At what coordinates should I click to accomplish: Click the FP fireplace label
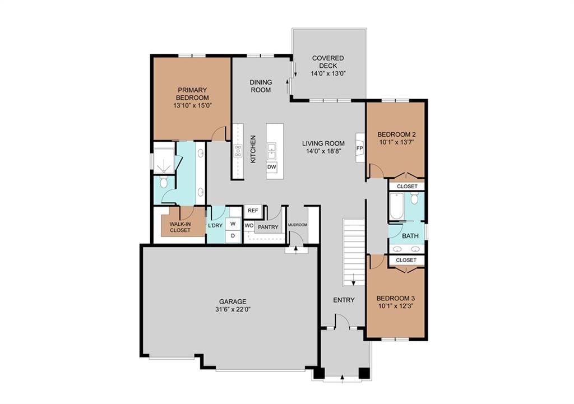pyautogui.click(x=359, y=148)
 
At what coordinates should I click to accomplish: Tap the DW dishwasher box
pyautogui.click(x=272, y=167)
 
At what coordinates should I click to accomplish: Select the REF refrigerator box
pyautogui.click(x=253, y=211)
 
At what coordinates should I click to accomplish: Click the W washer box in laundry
pyautogui.click(x=233, y=224)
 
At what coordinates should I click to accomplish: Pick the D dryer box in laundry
pyautogui.click(x=233, y=236)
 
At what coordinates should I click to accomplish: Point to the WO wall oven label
pyautogui.click(x=249, y=225)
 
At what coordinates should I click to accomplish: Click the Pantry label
pyautogui.click(x=268, y=227)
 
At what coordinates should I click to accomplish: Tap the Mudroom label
pyautogui.click(x=298, y=225)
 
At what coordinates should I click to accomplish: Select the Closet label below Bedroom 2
pyautogui.click(x=407, y=186)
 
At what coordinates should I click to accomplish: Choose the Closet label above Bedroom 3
pyautogui.click(x=406, y=260)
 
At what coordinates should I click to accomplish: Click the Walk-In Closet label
pyautogui.click(x=180, y=227)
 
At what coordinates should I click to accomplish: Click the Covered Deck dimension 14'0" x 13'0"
pyautogui.click(x=328, y=73)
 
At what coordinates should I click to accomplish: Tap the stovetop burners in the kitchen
pyautogui.click(x=238, y=151)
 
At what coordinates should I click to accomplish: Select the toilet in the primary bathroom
pyautogui.click(x=164, y=182)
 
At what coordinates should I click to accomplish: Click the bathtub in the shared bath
pyautogui.click(x=396, y=206)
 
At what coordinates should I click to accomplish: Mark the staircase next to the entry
pyautogui.click(x=354, y=253)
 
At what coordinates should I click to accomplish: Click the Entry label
pyautogui.click(x=344, y=300)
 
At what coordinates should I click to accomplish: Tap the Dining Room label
pyautogui.click(x=261, y=86)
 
